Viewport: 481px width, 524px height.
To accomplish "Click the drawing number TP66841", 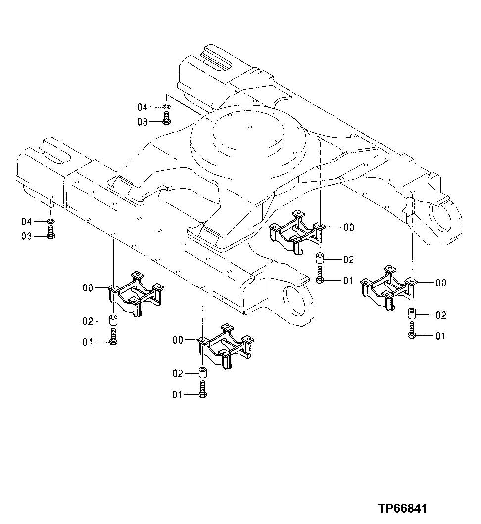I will (402, 508).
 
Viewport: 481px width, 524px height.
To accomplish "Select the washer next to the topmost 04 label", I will (167, 107).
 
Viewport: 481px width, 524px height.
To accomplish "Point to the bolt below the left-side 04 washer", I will (50, 233).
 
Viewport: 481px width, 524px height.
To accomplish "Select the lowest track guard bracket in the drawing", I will (226, 346).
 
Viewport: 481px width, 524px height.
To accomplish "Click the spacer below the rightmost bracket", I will (411, 314).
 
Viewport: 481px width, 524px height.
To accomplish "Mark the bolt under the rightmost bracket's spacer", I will (411, 330).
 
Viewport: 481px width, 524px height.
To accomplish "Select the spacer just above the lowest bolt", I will (203, 372).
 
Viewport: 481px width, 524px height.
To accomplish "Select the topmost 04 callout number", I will (143, 107).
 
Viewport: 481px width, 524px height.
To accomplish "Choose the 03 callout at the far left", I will (26, 237).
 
